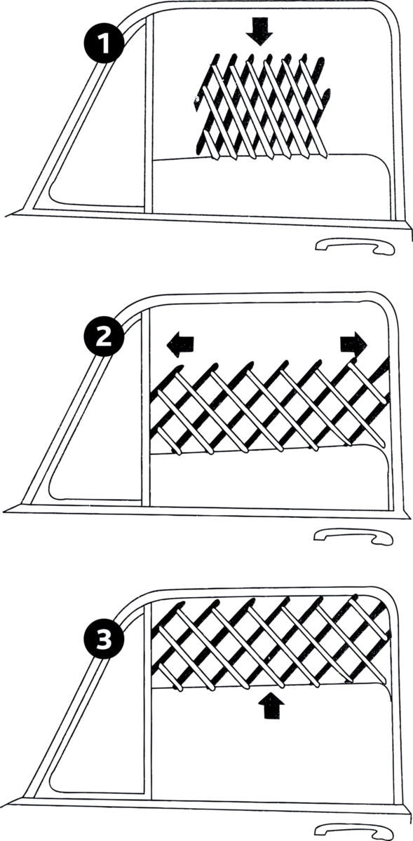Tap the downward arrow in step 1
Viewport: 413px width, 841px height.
coord(259,32)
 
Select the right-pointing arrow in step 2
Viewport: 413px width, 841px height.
coord(353,343)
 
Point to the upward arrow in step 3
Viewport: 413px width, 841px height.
coord(269,705)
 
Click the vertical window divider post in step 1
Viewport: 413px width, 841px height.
coord(149,119)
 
